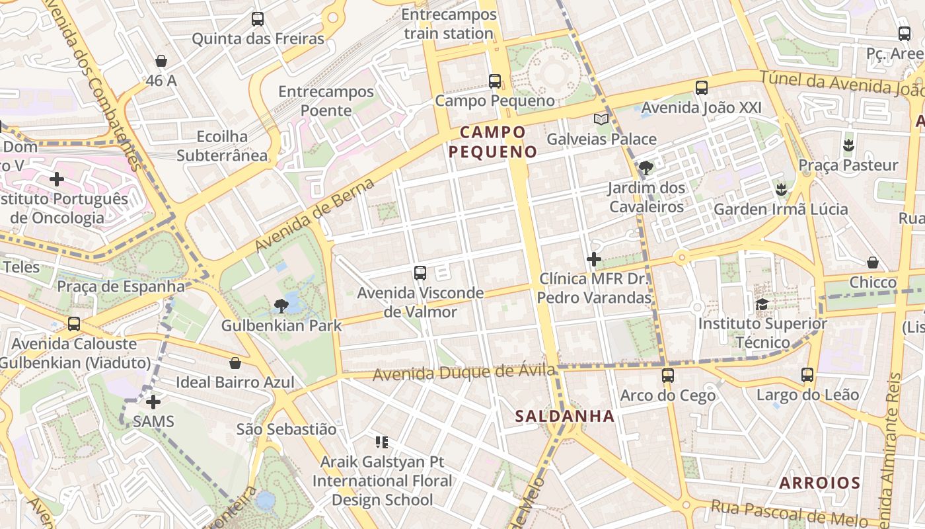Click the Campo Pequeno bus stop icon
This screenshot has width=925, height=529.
click(495, 81)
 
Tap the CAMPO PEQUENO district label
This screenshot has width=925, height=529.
click(493, 142)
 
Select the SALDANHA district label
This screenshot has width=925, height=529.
click(565, 416)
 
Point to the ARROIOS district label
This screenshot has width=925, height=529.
click(819, 483)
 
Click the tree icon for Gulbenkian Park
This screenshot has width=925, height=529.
click(281, 305)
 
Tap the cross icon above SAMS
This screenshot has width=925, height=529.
click(153, 402)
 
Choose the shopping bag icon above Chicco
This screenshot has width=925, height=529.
click(873, 263)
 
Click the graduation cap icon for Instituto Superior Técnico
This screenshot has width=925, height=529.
click(762, 304)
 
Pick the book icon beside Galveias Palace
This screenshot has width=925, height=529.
click(601, 119)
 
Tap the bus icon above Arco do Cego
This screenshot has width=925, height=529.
click(668, 376)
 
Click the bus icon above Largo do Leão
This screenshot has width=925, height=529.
click(807, 375)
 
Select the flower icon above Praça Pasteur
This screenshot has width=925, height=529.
click(849, 145)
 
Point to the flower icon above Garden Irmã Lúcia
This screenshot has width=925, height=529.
click(782, 190)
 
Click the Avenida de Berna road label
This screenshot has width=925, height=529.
click(314, 215)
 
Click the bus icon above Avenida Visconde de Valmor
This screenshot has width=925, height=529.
click(420, 272)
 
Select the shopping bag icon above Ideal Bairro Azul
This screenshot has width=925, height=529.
click(235, 363)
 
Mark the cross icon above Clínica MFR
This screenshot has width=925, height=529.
click(594, 259)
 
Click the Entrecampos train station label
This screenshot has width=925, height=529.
click(449, 24)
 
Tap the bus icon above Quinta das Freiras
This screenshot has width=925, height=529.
click(258, 19)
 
